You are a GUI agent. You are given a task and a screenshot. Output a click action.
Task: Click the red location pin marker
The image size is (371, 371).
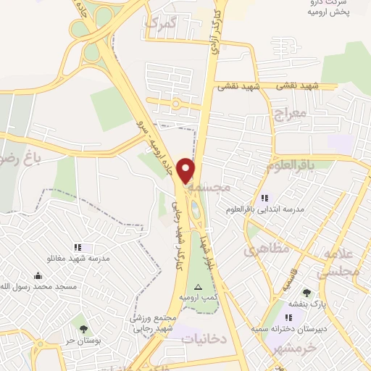(186, 170)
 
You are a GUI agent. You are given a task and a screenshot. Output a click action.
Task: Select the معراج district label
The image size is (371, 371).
(291, 114)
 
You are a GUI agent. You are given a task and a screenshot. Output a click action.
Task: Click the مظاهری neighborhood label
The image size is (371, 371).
(266, 250)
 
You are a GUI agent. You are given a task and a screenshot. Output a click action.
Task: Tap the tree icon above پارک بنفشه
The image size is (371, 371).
(307, 293)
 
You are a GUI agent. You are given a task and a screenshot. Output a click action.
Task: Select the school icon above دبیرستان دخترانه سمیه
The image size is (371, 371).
(288, 317)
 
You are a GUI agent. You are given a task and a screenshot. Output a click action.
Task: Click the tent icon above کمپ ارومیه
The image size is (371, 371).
(199, 288)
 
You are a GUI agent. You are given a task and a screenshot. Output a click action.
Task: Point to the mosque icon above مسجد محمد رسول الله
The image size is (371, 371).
(37, 275)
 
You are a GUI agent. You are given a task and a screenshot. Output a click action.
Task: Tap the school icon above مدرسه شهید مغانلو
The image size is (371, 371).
(78, 247)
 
